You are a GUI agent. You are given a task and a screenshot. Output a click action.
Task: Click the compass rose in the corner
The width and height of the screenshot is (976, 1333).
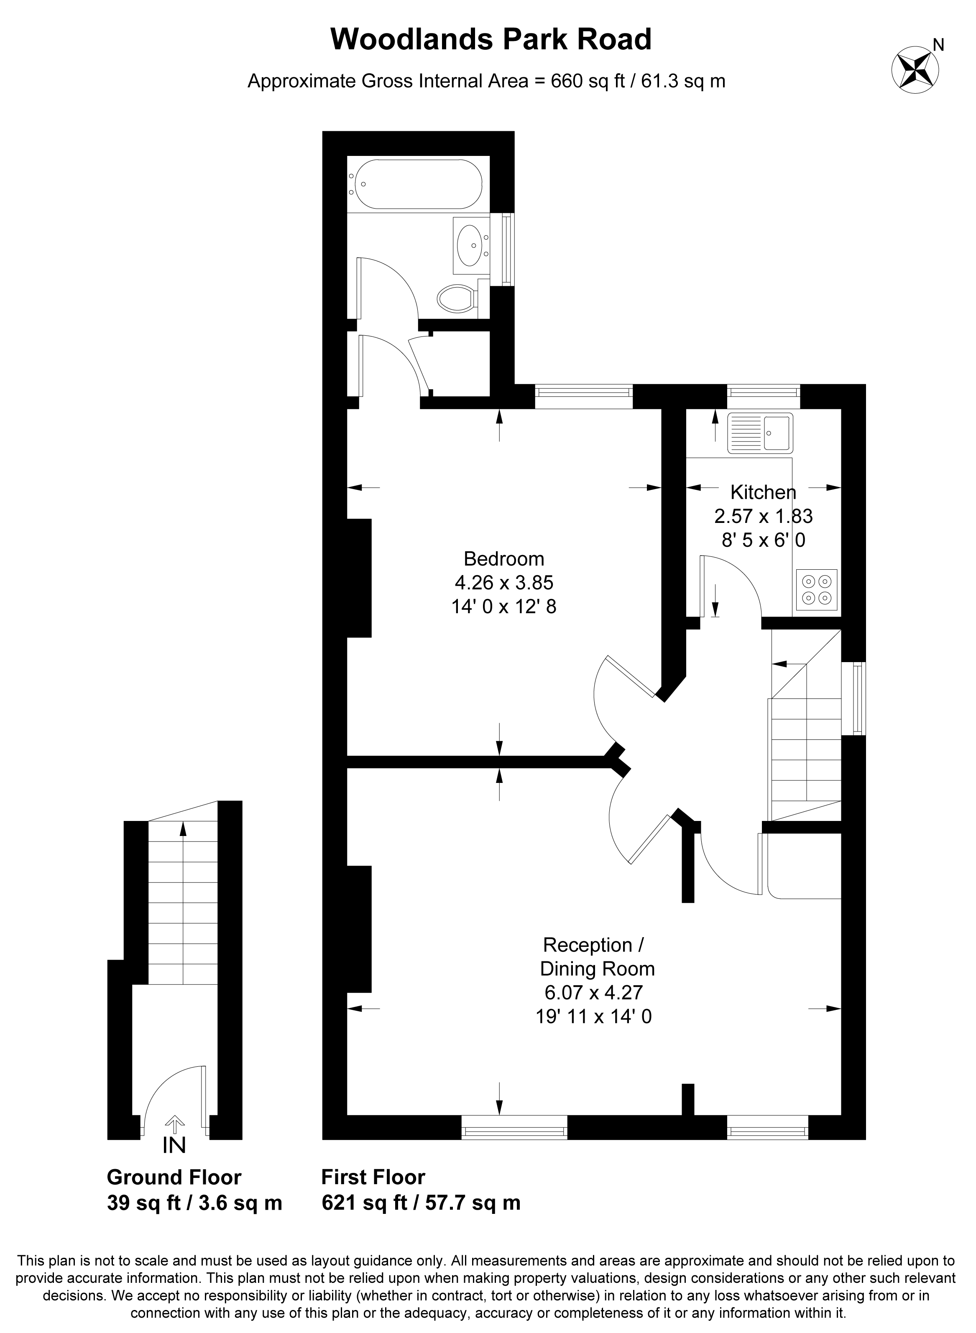pyautogui.click(x=915, y=69)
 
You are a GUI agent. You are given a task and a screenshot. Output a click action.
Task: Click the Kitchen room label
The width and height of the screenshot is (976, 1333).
pyautogui.click(x=763, y=492)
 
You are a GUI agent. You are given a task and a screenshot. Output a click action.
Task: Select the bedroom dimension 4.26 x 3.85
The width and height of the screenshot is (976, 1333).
pyautogui.click(x=504, y=583)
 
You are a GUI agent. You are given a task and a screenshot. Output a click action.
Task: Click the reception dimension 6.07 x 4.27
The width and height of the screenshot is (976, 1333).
pyautogui.click(x=594, y=991)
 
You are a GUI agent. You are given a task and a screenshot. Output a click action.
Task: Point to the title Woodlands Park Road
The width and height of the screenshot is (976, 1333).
pyautogui.click(x=491, y=40)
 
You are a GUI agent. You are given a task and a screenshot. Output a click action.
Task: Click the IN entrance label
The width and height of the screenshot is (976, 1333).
pyautogui.click(x=174, y=1145)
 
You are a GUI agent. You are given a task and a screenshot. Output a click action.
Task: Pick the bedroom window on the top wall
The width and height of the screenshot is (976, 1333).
pyautogui.click(x=584, y=396)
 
